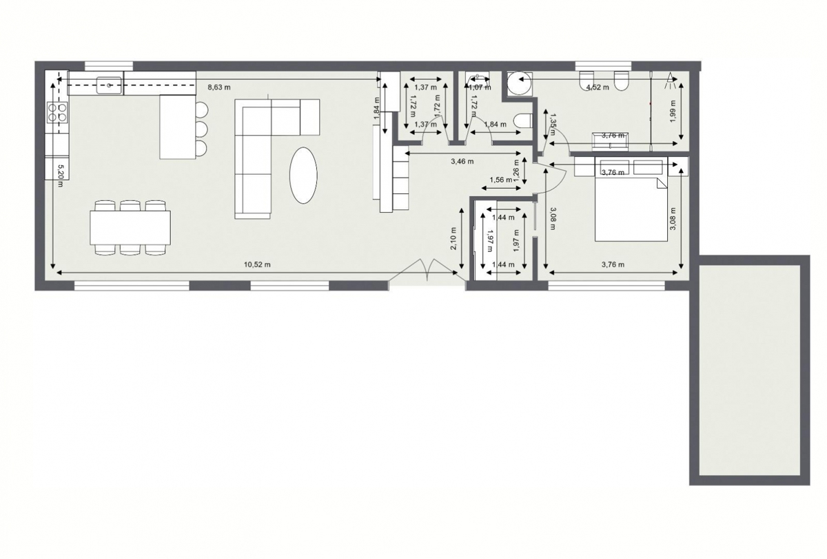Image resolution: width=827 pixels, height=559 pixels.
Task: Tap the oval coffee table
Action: click(x=304, y=175)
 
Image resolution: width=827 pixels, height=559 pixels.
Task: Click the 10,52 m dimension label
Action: click(x=257, y=264)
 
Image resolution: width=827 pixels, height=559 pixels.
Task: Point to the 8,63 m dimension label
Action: click(x=219, y=87)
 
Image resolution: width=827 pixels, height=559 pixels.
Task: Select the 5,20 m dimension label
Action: click(x=61, y=171)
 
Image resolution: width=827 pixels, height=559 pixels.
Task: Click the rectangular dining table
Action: click(x=130, y=227)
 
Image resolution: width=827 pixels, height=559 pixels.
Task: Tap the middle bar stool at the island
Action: click(x=201, y=129)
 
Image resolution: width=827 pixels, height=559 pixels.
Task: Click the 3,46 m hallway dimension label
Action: click(x=462, y=162)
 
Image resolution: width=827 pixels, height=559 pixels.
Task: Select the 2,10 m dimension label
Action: click(x=453, y=244)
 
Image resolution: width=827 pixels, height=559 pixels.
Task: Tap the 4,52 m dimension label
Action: click(x=597, y=87)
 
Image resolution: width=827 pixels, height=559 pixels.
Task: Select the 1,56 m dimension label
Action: click(x=500, y=180)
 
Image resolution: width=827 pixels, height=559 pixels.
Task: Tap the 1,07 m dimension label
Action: click(x=480, y=87)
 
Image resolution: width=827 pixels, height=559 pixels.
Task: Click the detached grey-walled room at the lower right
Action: click(x=749, y=370)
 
